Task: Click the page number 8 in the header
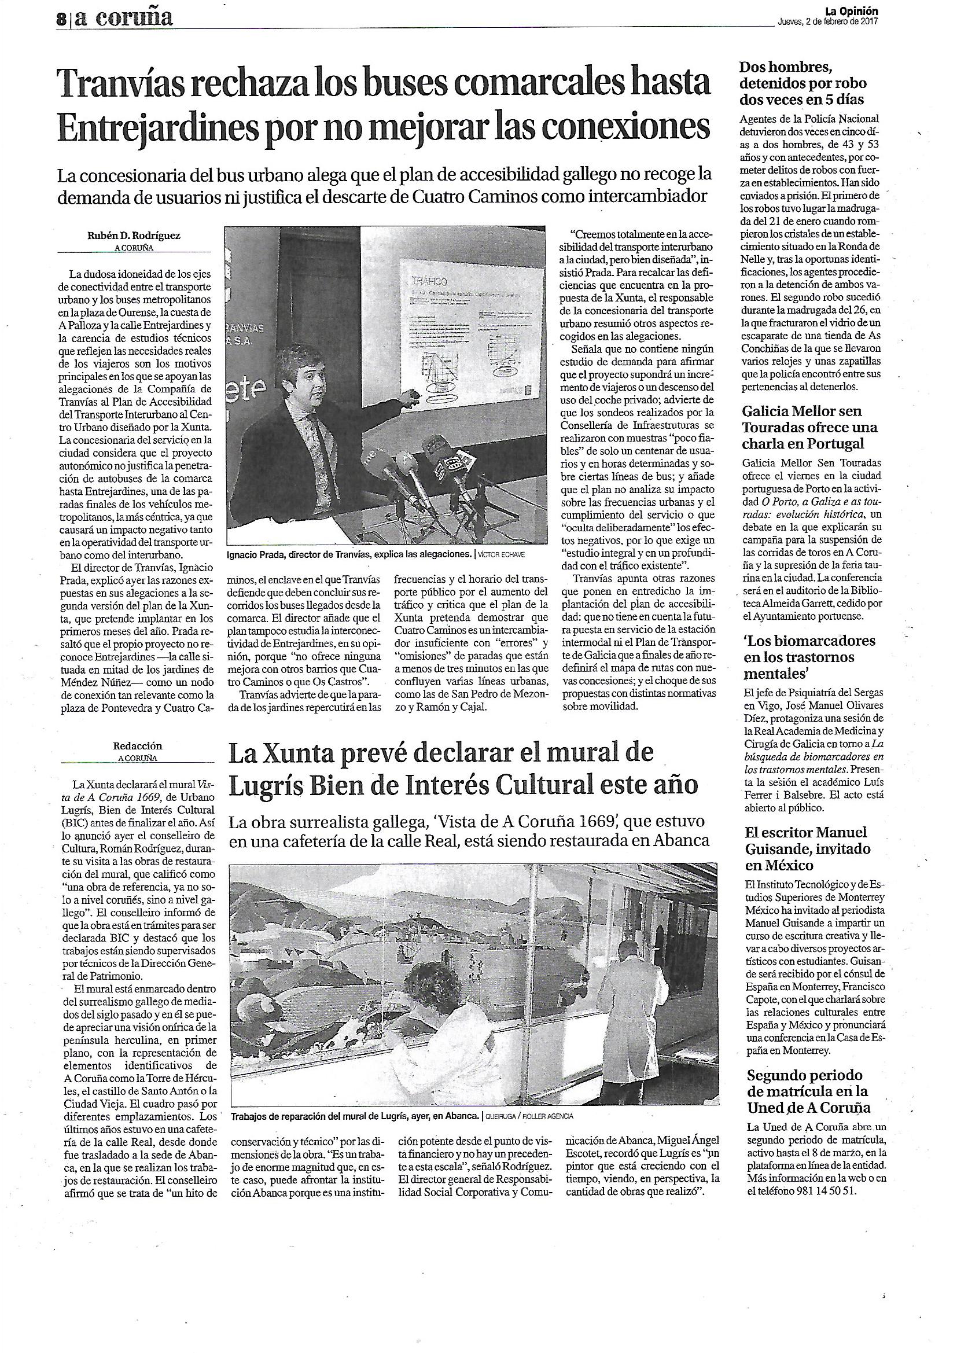click(x=60, y=19)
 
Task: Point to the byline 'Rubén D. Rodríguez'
click(x=134, y=236)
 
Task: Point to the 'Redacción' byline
click(x=137, y=746)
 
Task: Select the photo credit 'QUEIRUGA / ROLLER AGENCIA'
click(x=528, y=1117)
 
